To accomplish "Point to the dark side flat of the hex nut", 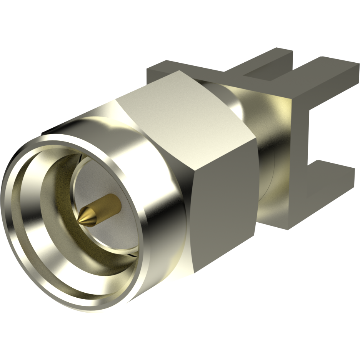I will click(x=223, y=200).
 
